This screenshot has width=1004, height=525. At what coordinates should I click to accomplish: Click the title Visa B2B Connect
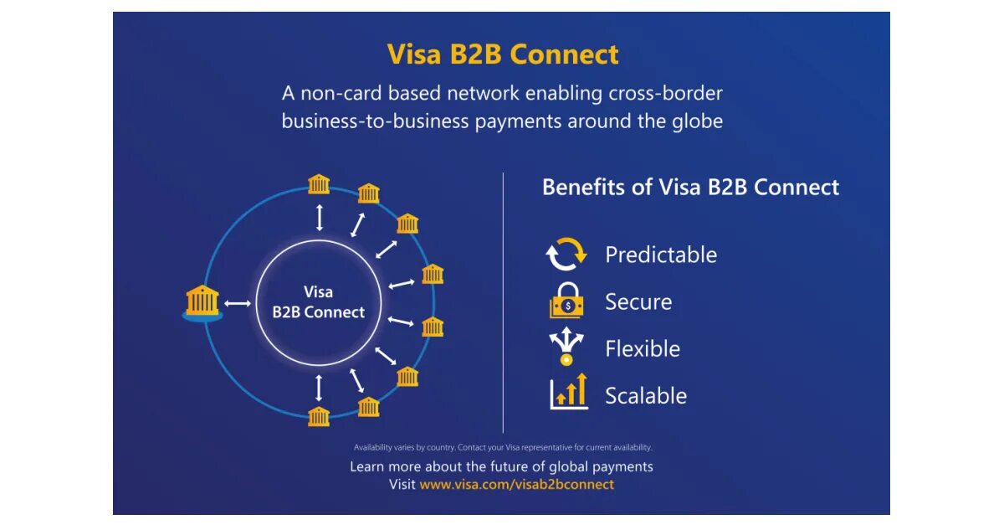tap(503, 54)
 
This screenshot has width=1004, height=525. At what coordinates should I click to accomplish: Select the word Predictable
tap(661, 255)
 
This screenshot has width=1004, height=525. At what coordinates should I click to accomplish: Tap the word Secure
tap(638, 301)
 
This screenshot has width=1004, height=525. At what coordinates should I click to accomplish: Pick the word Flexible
tap(643, 348)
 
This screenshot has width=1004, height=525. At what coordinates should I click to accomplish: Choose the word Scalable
tap(646, 396)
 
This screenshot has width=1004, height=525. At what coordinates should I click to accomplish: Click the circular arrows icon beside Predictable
tap(566, 255)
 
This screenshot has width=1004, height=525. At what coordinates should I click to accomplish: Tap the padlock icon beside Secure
tap(566, 301)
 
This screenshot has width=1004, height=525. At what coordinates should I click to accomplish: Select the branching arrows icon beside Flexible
tap(566, 347)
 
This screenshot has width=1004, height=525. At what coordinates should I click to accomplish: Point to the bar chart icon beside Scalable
tap(568, 393)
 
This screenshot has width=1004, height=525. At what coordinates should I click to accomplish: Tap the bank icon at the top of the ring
tap(319, 184)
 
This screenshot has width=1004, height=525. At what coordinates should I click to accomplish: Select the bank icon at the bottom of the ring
tap(319, 416)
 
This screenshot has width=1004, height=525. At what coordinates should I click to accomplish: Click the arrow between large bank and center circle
tap(238, 303)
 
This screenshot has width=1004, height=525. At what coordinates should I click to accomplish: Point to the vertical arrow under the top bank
tap(319, 216)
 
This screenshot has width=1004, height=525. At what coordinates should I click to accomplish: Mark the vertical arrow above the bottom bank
tap(319, 387)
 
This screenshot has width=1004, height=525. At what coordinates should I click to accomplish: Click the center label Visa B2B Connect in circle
tap(319, 302)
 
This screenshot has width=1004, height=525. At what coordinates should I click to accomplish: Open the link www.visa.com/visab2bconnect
tap(516, 485)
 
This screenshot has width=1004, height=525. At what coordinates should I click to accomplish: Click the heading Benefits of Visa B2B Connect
tap(690, 187)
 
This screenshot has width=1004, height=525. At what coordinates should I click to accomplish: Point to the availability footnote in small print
tap(502, 447)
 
